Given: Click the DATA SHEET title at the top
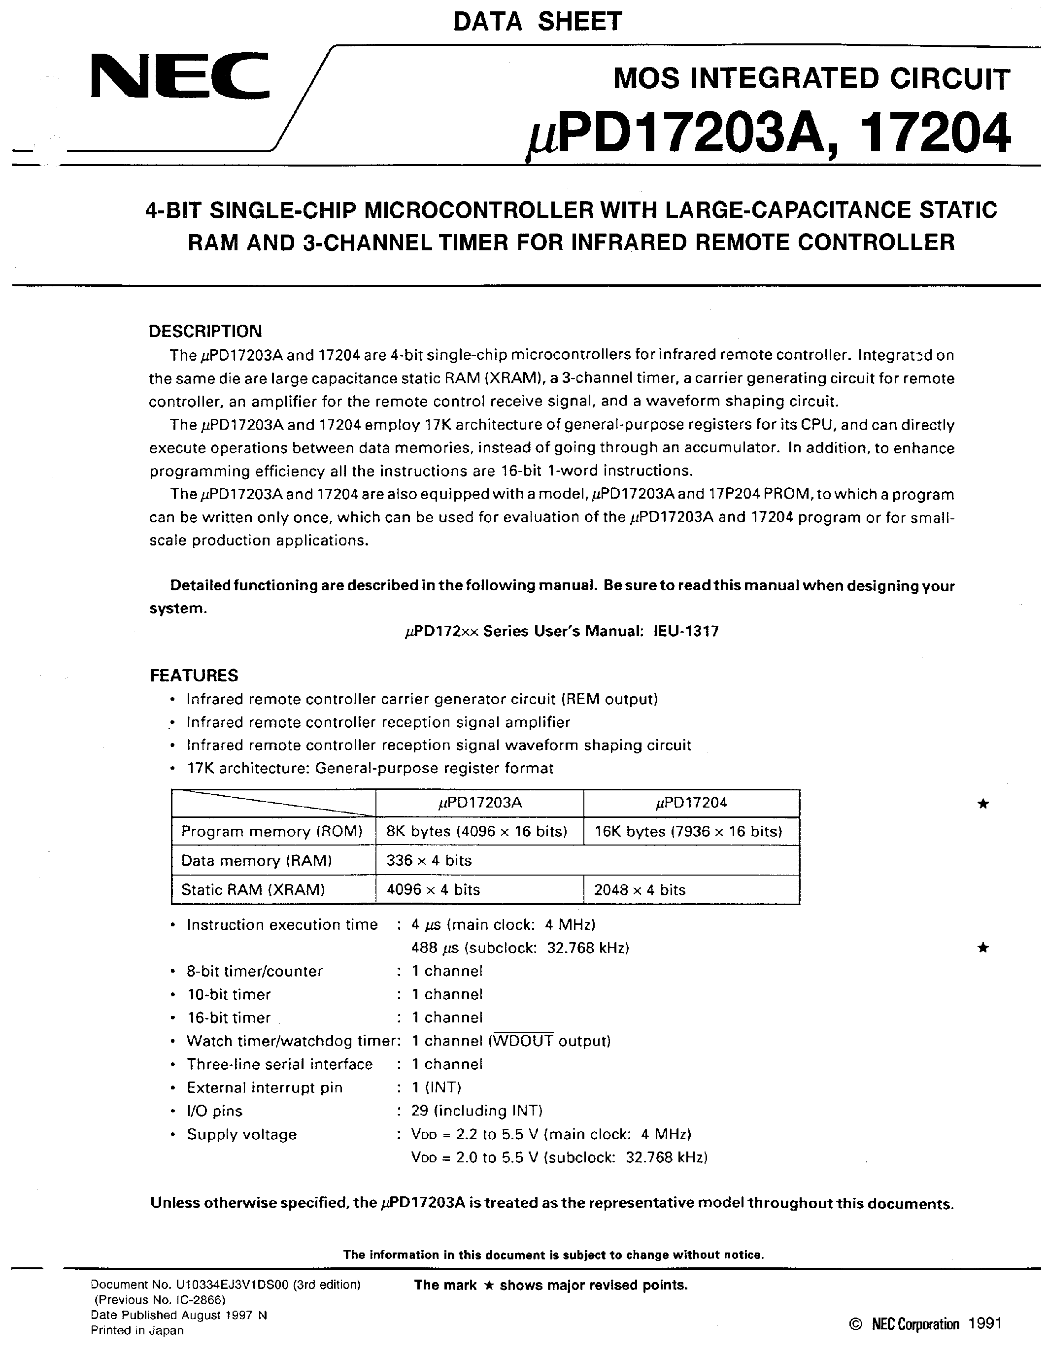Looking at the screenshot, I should pyautogui.click(x=537, y=22).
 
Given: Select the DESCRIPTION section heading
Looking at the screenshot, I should pyautogui.click(x=205, y=331).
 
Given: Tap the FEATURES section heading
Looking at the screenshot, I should pyautogui.click(x=194, y=676).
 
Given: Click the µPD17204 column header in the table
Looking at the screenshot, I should pyautogui.click(x=691, y=803).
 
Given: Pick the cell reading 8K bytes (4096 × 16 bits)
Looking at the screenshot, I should pyautogui.click(x=477, y=831).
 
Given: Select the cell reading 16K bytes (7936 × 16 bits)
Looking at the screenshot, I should pyautogui.click(x=688, y=831).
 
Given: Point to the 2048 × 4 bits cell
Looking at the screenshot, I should pyautogui.click(x=640, y=890).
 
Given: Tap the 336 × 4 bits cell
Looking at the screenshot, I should pyautogui.click(x=429, y=860).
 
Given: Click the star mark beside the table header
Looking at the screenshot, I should pyautogui.click(x=982, y=804).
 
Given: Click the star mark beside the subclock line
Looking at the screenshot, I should pyautogui.click(x=982, y=948).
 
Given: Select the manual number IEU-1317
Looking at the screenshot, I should pyautogui.click(x=686, y=632).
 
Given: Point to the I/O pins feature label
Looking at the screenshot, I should pyautogui.click(x=215, y=1111).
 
